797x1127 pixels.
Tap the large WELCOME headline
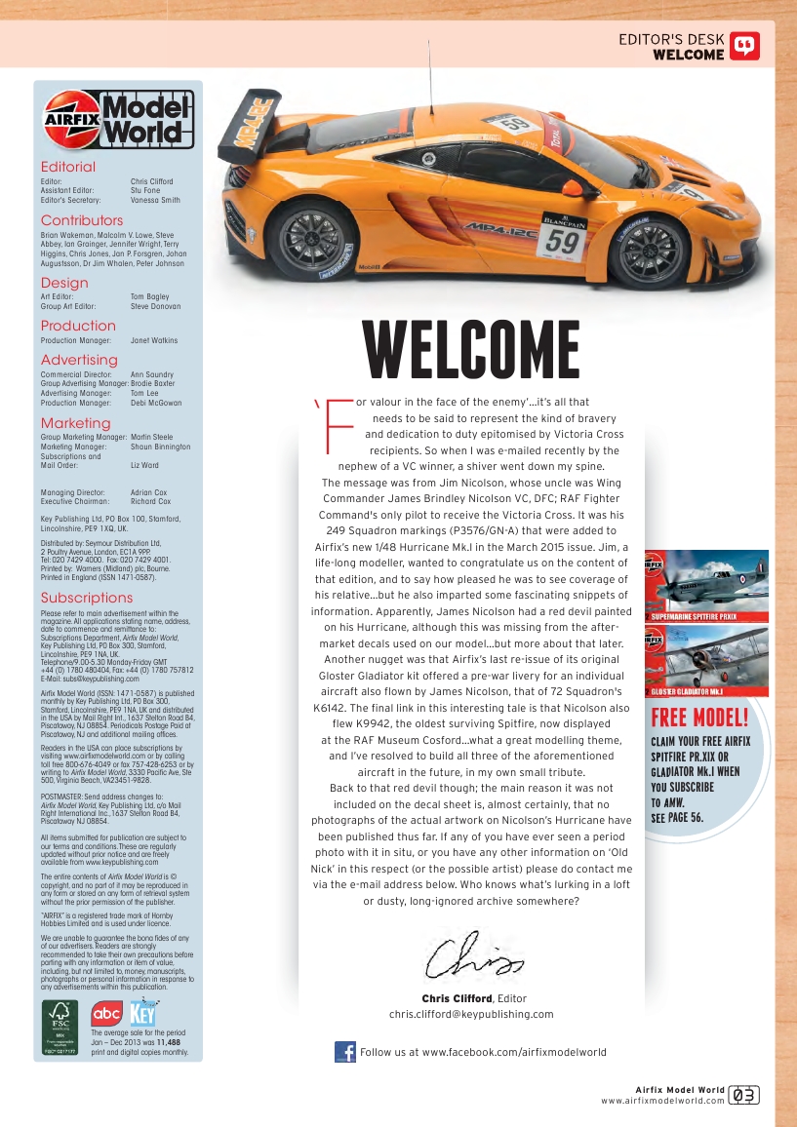click(470, 352)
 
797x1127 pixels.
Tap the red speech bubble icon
click(744, 47)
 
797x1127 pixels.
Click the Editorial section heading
click(68, 167)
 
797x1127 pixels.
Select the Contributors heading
click(82, 220)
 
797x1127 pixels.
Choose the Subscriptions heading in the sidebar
click(87, 598)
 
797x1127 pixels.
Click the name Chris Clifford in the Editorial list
click(151, 181)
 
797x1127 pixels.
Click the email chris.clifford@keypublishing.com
click(471, 1014)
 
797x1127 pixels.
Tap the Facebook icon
click(344, 1052)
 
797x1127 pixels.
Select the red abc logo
click(106, 1014)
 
